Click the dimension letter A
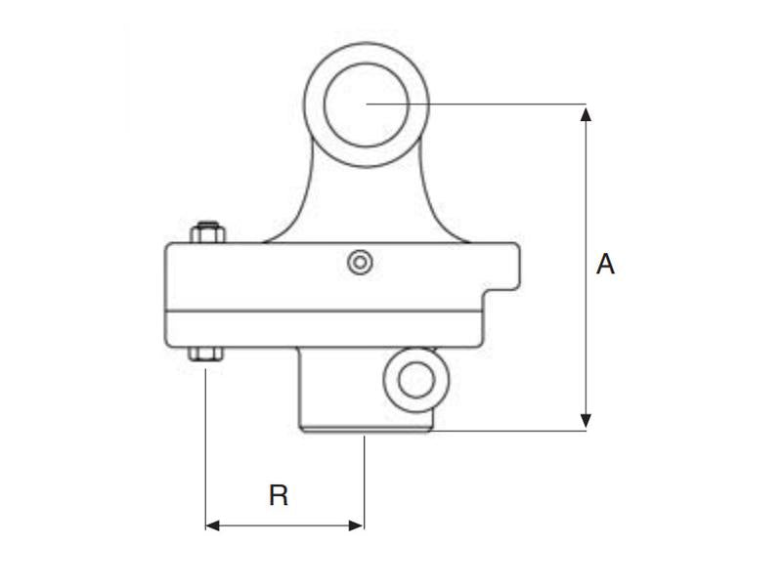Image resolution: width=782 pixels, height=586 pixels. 606,265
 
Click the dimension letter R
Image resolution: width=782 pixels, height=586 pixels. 279,496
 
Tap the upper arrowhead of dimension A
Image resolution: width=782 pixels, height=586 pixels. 586,113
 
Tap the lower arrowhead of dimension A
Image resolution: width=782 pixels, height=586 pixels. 586,421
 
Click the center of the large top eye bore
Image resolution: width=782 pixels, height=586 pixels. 367,104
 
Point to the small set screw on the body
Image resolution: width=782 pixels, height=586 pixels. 361,262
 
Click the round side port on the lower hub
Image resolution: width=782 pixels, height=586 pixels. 415,380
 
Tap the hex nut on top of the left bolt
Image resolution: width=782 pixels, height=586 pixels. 206,233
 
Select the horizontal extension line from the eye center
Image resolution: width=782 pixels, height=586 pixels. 489,104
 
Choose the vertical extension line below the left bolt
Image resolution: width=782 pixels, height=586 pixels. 205,439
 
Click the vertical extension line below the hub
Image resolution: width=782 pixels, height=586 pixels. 364,479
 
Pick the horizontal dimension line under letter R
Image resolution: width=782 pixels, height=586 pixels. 283,525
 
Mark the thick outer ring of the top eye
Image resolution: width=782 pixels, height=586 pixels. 315,104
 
